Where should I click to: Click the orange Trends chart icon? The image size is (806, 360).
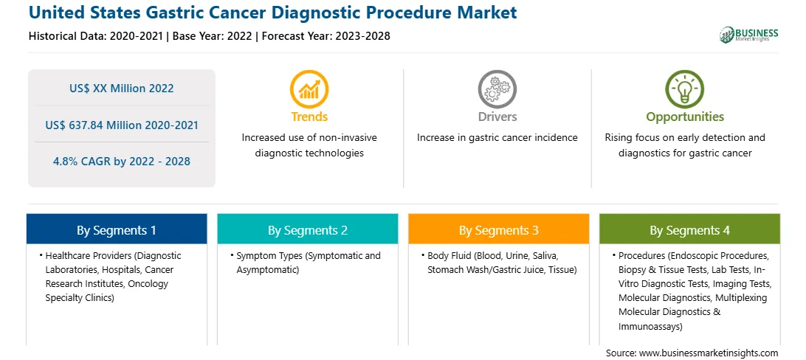(x=309, y=89)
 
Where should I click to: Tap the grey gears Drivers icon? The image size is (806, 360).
(x=497, y=89)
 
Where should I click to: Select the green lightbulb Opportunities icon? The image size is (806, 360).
(x=685, y=89)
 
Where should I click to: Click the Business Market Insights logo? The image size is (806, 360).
(x=749, y=35)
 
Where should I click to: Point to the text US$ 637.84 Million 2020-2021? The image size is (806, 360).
(x=122, y=125)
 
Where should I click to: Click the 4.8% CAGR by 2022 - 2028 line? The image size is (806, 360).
(x=122, y=162)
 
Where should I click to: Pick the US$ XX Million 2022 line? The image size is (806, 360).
(x=122, y=89)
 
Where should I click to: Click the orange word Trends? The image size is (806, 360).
(x=309, y=117)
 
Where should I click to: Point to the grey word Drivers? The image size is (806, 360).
(x=497, y=117)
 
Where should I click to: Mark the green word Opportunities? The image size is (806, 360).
(x=685, y=117)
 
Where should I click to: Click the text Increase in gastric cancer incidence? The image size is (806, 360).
(x=497, y=138)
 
